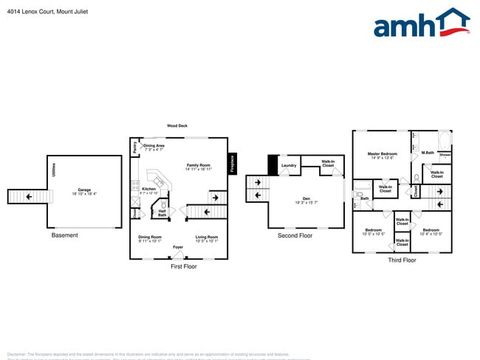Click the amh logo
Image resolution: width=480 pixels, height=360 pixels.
(x=421, y=24)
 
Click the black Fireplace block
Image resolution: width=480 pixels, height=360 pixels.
(x=232, y=162)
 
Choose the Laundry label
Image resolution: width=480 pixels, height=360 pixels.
(x=289, y=165)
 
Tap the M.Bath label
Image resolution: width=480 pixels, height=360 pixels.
(x=428, y=153)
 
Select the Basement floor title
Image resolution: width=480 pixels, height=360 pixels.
(x=65, y=235)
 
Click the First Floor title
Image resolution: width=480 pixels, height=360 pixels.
(x=184, y=266)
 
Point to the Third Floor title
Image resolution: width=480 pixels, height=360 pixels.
(x=402, y=260)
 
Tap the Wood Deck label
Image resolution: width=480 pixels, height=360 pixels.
(x=177, y=126)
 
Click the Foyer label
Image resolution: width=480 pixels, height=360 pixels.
(x=178, y=247)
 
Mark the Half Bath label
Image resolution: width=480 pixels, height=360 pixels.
(x=162, y=212)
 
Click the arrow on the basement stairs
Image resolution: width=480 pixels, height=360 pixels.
(x=29, y=196)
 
